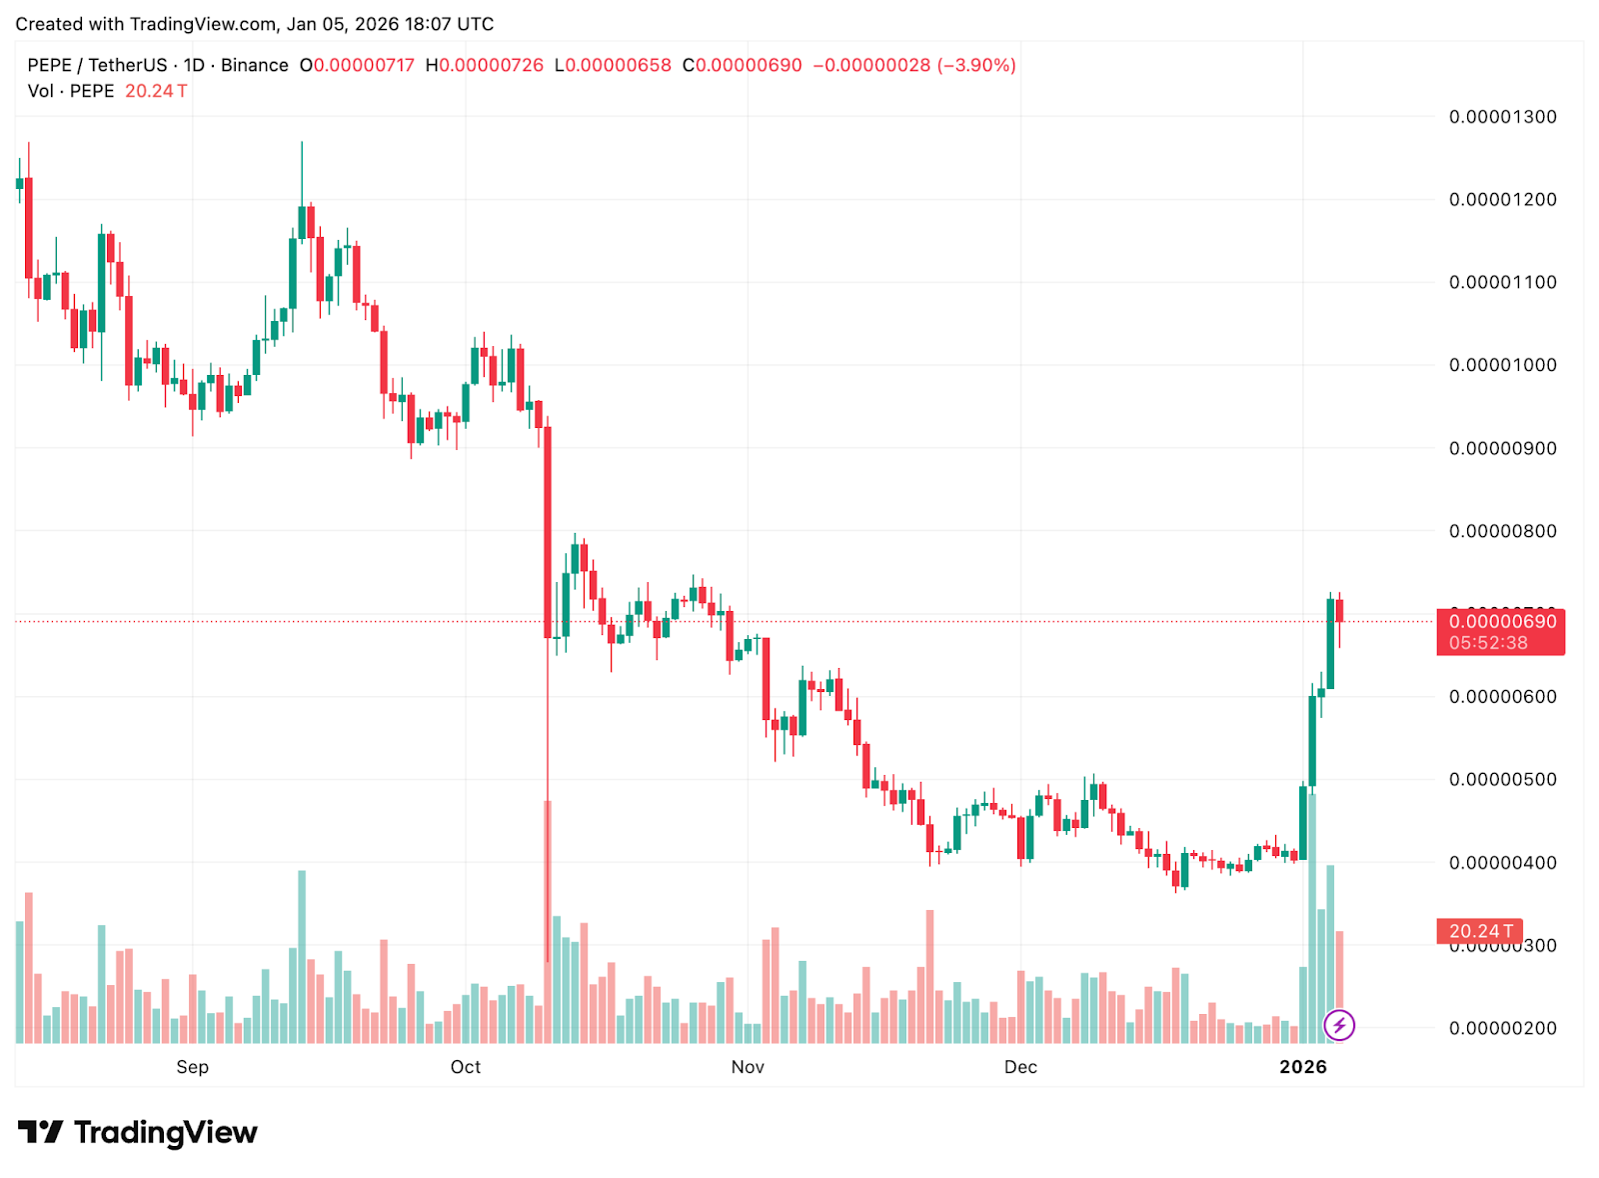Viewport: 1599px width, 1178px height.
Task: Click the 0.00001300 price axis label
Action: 1502,117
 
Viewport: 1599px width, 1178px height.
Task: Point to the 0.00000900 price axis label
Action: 1502,448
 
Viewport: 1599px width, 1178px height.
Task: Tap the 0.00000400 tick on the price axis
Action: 1502,862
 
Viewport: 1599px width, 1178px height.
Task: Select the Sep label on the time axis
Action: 193,1067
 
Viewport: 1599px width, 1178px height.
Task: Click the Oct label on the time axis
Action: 466,1067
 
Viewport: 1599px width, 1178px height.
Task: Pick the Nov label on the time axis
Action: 748,1067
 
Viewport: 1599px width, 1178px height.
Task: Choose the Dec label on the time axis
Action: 1020,1067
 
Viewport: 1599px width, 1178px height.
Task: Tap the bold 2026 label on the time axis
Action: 1303,1067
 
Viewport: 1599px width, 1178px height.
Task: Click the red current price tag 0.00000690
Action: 1500,622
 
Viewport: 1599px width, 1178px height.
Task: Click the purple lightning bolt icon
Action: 1339,1025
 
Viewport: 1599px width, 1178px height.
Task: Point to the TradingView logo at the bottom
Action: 138,1132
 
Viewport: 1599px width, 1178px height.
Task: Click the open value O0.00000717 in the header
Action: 357,65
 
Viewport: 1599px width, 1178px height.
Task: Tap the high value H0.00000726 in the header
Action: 485,65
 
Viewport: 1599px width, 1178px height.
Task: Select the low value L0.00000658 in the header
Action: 613,65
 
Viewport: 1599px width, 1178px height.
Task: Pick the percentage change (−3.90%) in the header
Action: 976,65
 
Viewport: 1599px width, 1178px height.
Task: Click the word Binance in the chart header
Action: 255,65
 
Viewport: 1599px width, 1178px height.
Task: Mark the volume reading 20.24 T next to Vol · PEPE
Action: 156,91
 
